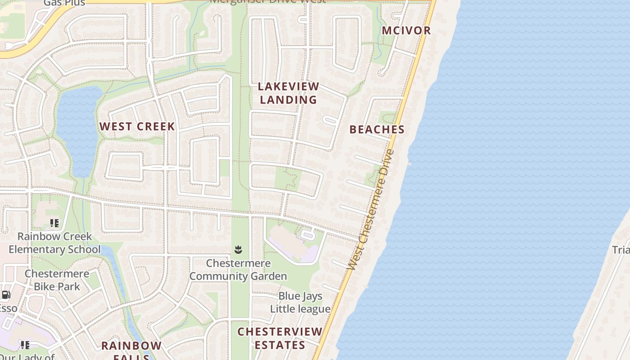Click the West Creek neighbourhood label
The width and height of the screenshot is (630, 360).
pyautogui.click(x=137, y=126)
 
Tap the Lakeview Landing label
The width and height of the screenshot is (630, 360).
pyautogui.click(x=288, y=93)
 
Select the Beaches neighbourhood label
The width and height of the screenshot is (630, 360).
pyautogui.click(x=377, y=130)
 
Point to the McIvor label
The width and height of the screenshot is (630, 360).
pyautogui.click(x=406, y=31)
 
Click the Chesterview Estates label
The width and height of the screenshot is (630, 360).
pyautogui.click(x=280, y=338)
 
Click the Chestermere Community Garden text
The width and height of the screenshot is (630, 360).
pyautogui.click(x=238, y=270)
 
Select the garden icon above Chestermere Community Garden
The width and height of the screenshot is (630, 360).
pyautogui.click(x=238, y=249)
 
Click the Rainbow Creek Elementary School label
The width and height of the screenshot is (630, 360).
pyautogui.click(x=54, y=243)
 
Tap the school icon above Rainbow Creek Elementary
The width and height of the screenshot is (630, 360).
pyautogui.click(x=54, y=223)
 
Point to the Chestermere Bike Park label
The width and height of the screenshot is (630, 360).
pyautogui.click(x=57, y=280)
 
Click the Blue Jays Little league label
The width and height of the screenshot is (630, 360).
pyautogui.click(x=301, y=302)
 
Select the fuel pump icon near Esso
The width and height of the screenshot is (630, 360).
pyautogui.click(x=6, y=295)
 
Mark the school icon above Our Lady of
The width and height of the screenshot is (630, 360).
pyautogui.click(x=25, y=345)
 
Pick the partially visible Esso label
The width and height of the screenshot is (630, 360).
pyautogui.click(x=8, y=308)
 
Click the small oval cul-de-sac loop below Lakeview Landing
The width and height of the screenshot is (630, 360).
pyautogui.click(x=330, y=120)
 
